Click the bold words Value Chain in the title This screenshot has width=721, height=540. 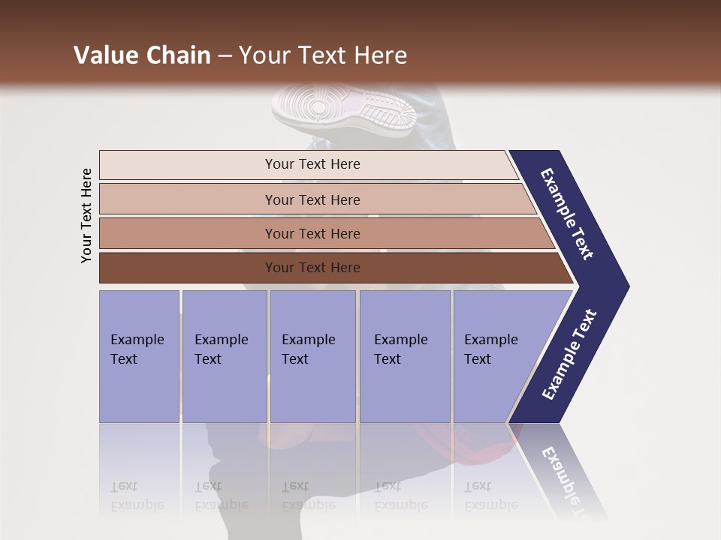tap(142, 55)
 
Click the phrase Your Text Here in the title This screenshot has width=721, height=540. tap(323, 55)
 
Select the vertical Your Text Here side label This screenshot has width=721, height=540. tap(86, 215)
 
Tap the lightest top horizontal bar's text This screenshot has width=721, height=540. tap(312, 164)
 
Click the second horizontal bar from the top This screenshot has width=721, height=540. tap(312, 199)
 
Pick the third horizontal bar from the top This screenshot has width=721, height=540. tap(312, 233)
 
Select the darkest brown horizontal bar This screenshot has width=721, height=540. tap(312, 268)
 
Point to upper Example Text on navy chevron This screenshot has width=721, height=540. tap(567, 214)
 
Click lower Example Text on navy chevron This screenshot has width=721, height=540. tap(569, 355)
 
